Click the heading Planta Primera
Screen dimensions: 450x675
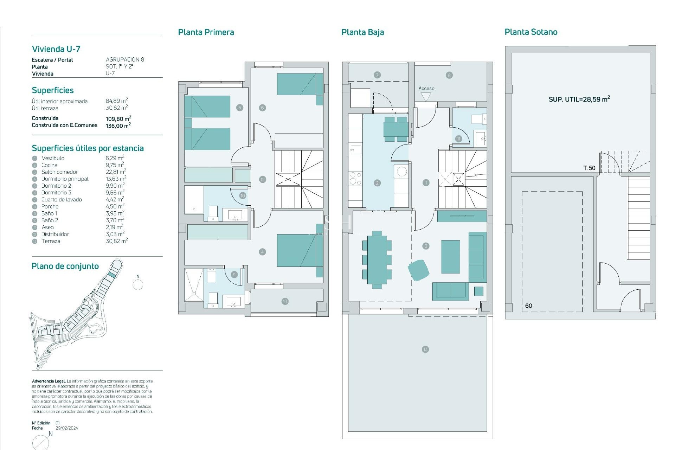coord(206,32)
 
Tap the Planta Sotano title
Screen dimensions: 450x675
coord(531,32)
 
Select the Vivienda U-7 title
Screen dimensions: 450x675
coord(56,49)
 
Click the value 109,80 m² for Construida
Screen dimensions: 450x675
coord(118,118)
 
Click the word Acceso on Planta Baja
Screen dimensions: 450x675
coord(426,89)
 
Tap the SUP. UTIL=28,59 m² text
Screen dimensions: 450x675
coord(579,99)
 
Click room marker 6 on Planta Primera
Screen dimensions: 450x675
coord(262,108)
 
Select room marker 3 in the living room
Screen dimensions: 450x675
coord(426,246)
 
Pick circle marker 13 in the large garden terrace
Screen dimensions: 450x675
coord(425,349)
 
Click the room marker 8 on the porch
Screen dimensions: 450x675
coord(449,75)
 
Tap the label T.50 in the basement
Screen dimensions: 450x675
coord(589,168)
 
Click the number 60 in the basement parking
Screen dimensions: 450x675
coord(528,306)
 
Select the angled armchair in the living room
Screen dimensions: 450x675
coord(418,270)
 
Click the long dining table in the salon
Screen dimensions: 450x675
coord(377,260)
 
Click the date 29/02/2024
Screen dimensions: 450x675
coord(67,428)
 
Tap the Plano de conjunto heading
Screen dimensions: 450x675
coord(65,266)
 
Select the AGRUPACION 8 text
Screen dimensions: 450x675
coord(125,60)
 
